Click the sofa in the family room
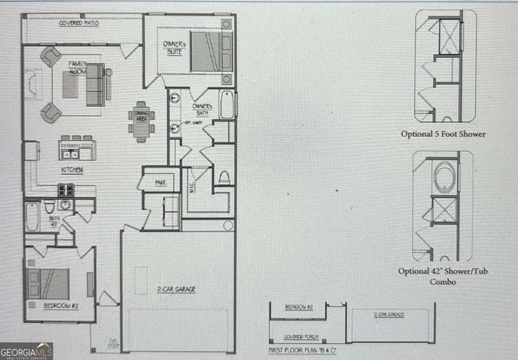(98, 82)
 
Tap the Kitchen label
(72, 171)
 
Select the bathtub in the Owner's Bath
(226, 104)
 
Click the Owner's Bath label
(202, 111)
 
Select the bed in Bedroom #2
(36, 282)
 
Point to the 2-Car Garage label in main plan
(176, 289)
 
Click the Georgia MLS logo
(27, 351)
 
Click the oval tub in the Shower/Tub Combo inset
(444, 176)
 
